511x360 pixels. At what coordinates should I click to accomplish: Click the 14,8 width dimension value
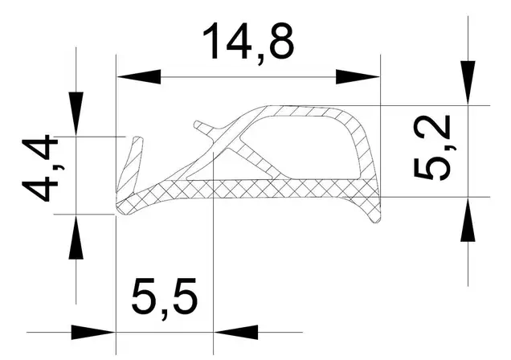(x=248, y=43)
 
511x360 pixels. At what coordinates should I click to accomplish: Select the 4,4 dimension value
(x=40, y=169)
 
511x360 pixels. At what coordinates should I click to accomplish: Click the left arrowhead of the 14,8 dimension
(x=139, y=77)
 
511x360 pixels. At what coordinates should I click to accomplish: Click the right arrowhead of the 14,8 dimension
(x=358, y=77)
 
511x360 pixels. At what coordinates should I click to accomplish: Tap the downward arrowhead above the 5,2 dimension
(x=468, y=83)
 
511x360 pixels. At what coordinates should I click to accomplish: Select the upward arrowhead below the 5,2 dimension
(x=468, y=219)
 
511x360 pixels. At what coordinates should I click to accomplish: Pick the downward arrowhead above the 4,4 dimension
(x=76, y=113)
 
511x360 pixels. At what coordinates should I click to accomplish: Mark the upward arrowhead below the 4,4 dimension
(x=76, y=237)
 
